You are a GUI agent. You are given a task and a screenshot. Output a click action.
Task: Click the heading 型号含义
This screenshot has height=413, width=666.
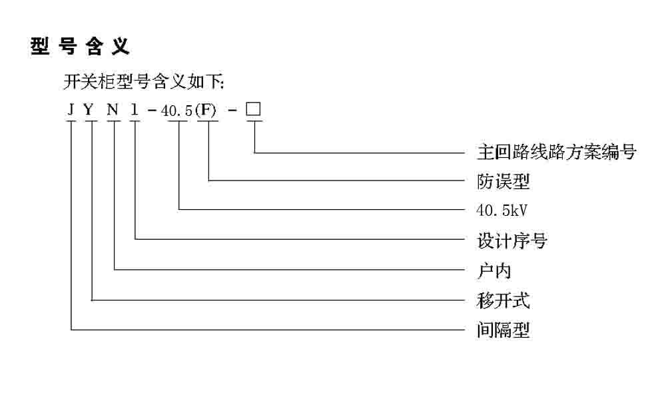click(81, 47)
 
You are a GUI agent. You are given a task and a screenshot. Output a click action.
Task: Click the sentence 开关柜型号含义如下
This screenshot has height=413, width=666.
click(144, 83)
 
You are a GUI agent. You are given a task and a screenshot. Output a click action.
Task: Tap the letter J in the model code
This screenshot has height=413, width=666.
click(71, 110)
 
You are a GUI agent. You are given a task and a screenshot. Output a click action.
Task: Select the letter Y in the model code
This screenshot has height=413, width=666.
click(90, 110)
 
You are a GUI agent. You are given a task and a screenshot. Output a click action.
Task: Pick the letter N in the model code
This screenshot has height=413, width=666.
click(113, 110)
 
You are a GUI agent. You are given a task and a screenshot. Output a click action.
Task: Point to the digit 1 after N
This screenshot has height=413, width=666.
click(135, 110)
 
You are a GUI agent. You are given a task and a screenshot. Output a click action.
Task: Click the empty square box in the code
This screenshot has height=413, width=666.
click(253, 109)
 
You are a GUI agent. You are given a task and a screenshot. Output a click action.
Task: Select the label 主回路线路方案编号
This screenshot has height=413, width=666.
click(557, 153)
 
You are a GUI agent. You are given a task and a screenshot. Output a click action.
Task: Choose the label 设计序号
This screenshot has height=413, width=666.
click(512, 240)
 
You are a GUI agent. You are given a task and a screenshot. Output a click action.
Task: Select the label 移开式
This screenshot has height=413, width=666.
click(503, 300)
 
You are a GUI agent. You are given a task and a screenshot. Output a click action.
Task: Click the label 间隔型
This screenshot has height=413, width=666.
click(503, 330)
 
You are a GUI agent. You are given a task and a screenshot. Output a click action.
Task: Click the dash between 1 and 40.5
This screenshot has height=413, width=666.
click(153, 111)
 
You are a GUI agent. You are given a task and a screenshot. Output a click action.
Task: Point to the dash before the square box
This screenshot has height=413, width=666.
click(231, 111)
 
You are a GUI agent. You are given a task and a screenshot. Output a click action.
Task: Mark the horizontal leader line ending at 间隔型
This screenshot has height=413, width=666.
click(266, 329)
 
